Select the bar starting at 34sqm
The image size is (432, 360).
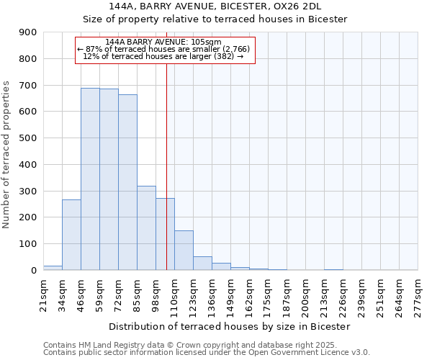coord(71,235)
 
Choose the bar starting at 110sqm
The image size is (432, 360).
coord(184,251)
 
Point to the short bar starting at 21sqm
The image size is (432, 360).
coord(53,268)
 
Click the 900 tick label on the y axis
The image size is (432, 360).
coord(27,32)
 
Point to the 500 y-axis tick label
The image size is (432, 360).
coord(27,138)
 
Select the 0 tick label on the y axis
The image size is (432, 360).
coord(33,270)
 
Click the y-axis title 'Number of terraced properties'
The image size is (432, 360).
coord(7,155)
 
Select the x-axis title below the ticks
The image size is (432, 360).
coord(230,326)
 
